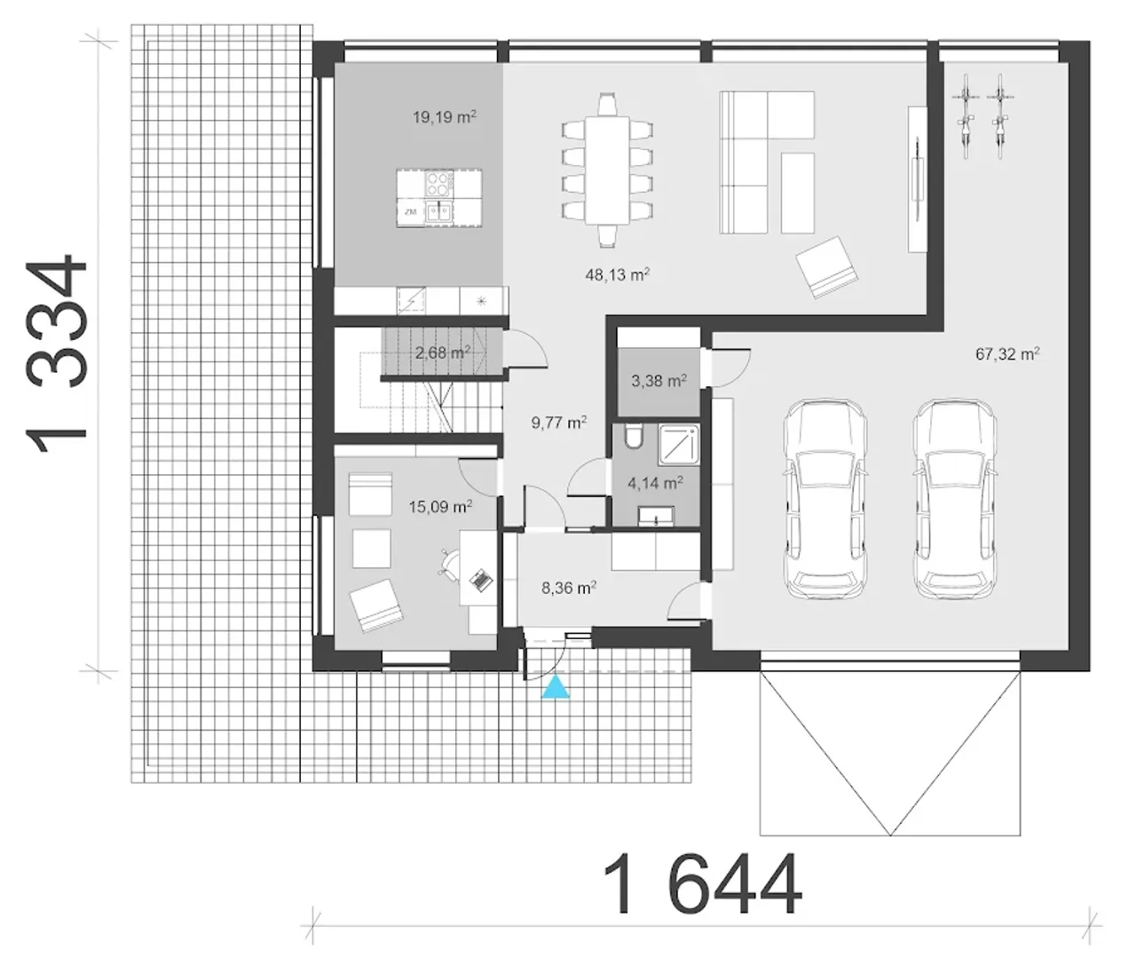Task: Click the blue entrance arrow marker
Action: [x=556, y=687]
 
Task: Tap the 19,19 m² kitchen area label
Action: [x=444, y=116]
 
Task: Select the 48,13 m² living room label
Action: [x=618, y=273]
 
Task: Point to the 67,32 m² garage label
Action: [x=1007, y=353]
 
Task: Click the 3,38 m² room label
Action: [x=659, y=381]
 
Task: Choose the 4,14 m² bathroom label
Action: [x=656, y=483]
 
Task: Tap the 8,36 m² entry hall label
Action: [x=570, y=588]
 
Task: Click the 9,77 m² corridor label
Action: [x=559, y=422]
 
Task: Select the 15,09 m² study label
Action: [x=440, y=506]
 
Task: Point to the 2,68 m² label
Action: [x=443, y=352]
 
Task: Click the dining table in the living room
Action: [x=607, y=170]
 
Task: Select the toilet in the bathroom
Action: [x=633, y=437]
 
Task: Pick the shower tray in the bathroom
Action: [x=678, y=443]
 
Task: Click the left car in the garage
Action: [x=825, y=498]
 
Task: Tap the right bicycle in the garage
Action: [x=999, y=116]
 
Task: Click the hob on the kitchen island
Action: [x=439, y=184]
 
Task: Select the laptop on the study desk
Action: [x=480, y=580]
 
